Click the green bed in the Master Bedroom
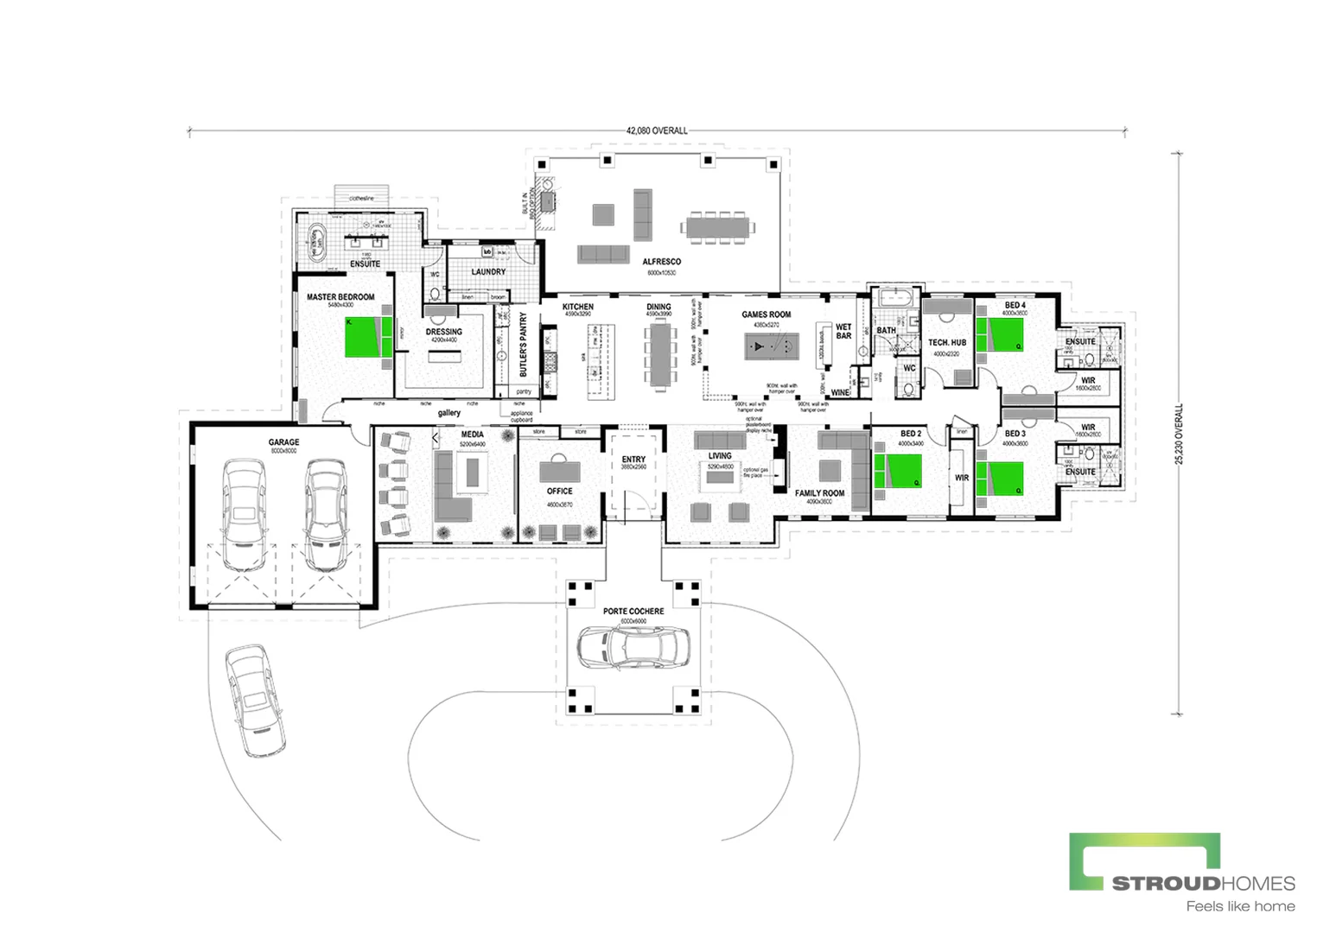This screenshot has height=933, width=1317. pos(363,337)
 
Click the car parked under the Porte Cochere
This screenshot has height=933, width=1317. pos(634,646)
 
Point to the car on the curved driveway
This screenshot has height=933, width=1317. pos(255,700)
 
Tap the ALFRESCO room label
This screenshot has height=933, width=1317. pos(661,262)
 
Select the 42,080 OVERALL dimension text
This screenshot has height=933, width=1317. pos(657,130)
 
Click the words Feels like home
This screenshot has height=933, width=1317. pos(1240,906)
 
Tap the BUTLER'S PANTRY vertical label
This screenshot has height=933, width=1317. pos(523,345)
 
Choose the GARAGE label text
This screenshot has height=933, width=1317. pos(283,442)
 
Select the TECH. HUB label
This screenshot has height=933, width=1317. pos(947,343)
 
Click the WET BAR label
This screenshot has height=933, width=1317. pos(843,331)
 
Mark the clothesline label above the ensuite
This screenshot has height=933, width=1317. pos(361,199)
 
